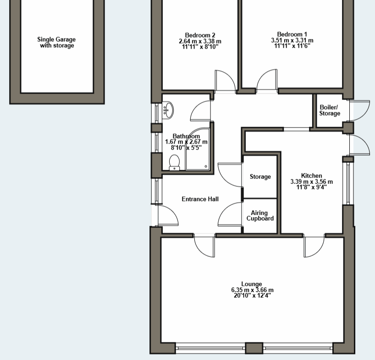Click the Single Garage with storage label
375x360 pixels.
click(x=56, y=42)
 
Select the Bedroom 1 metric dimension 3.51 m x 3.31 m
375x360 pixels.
click(x=292, y=40)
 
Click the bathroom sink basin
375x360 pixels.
click(x=168, y=110)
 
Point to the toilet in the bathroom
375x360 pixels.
click(x=174, y=163)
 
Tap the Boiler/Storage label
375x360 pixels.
click(x=330, y=110)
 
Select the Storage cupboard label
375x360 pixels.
click(x=260, y=177)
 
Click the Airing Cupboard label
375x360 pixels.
click(x=260, y=216)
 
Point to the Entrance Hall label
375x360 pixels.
click(x=200, y=199)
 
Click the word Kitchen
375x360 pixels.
click(x=311, y=176)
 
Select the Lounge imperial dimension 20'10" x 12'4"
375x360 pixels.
click(x=252, y=296)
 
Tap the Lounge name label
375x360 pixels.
click(x=252, y=284)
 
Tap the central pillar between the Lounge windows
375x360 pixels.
click(x=254, y=348)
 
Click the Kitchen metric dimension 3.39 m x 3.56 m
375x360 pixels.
click(x=311, y=182)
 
